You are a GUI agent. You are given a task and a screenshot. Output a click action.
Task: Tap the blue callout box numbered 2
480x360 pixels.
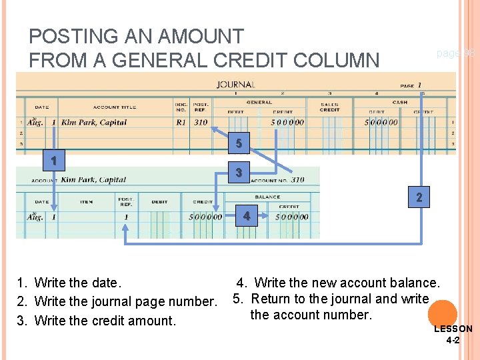coord(419,197)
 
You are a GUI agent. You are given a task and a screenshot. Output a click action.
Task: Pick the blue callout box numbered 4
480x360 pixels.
coord(247,216)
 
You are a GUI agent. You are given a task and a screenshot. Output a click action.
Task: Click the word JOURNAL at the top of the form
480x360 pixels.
coord(235,85)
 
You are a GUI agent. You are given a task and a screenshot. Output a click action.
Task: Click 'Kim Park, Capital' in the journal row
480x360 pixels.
coord(94,123)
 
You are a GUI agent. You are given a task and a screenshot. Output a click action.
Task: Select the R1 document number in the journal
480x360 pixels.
coord(181,123)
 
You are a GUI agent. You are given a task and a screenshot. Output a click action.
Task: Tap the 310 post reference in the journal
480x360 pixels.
coord(200,123)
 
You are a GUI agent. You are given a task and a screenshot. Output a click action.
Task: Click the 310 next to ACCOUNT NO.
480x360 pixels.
coord(297,179)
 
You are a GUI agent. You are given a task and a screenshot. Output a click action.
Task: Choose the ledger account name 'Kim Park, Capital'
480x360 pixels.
coord(93,179)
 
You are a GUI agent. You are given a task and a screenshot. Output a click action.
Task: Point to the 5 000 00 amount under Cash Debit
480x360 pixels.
coord(381,123)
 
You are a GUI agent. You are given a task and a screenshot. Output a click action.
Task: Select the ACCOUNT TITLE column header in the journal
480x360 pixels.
coord(115,107)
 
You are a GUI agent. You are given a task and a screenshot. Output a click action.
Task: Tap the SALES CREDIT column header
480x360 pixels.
coord(329,107)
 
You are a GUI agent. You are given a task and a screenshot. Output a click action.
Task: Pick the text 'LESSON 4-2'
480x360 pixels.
coord(453,334)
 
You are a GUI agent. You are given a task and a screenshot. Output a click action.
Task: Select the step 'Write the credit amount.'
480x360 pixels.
coord(105,321)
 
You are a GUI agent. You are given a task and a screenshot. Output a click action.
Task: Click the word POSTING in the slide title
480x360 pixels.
coord(72,36)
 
